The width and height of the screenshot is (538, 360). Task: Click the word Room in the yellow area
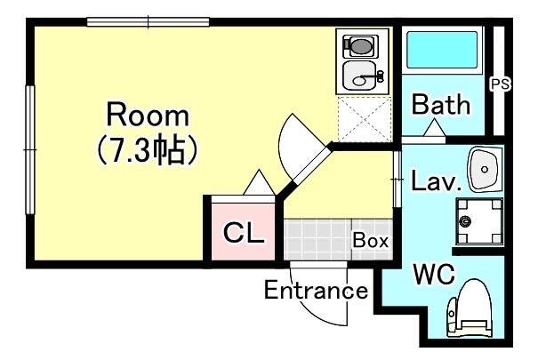click(x=148, y=115)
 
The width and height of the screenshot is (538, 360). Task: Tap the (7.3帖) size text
click(x=148, y=151)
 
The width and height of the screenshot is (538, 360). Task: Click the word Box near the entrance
click(x=370, y=240)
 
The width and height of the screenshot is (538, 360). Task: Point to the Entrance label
click(x=316, y=291)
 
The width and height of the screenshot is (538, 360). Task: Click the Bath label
click(x=440, y=105)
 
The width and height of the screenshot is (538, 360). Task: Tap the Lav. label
click(x=436, y=183)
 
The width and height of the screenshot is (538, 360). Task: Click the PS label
click(x=500, y=84)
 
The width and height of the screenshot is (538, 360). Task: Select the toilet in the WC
click(x=470, y=309)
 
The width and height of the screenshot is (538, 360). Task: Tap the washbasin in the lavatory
click(x=485, y=169)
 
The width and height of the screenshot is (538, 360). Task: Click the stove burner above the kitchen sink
click(x=360, y=44)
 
